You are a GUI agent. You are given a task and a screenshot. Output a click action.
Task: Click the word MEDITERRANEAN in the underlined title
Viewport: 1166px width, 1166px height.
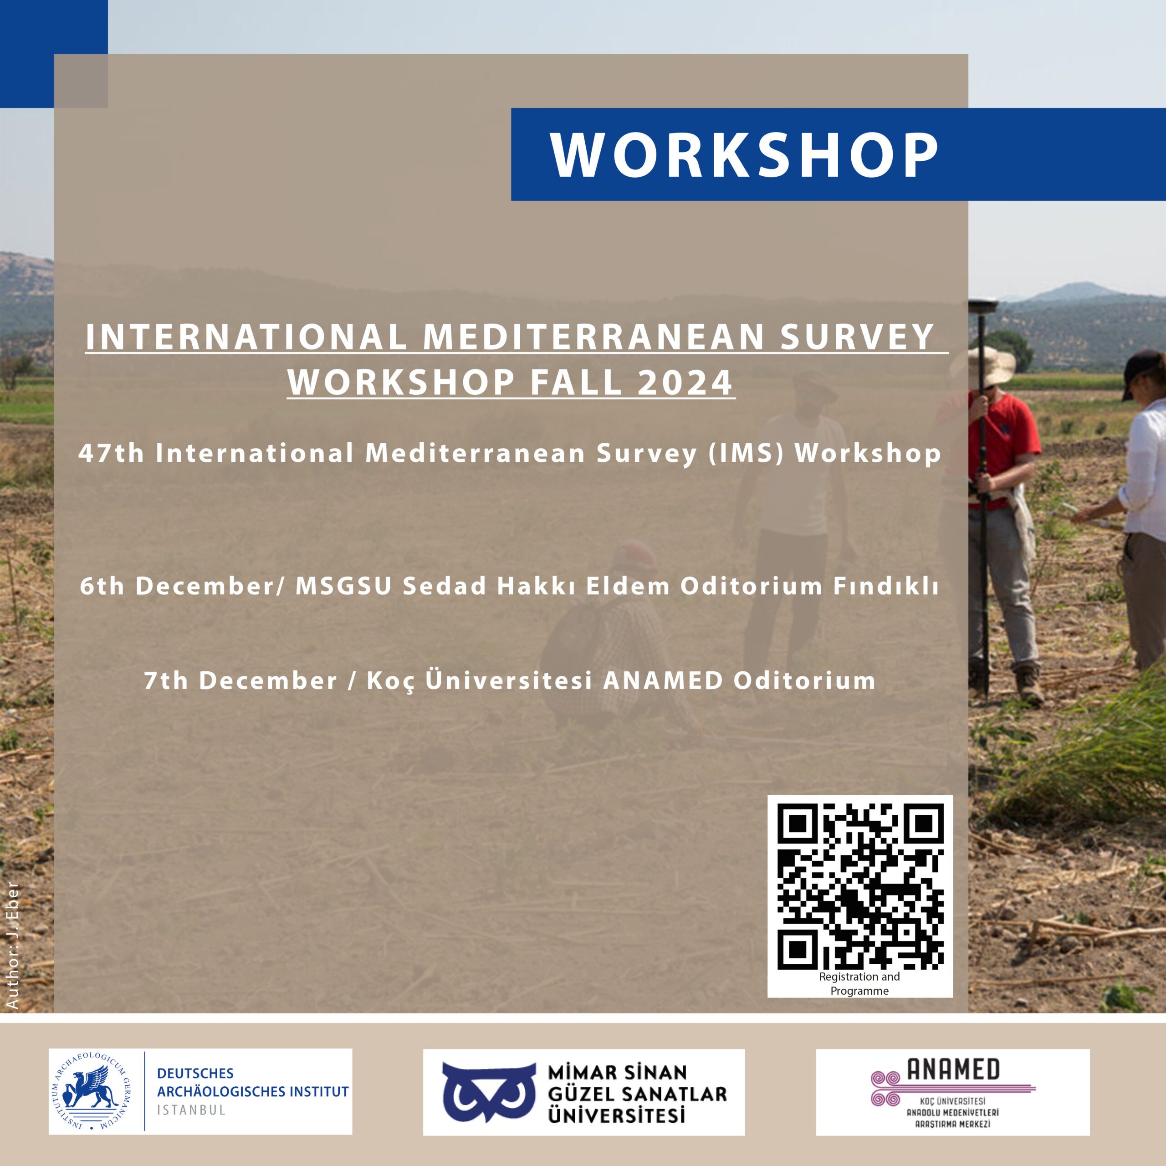594,336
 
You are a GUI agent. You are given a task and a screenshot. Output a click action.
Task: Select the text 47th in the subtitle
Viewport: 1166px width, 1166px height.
112,453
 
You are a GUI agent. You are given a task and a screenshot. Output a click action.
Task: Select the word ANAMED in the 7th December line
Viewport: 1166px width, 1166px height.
663,681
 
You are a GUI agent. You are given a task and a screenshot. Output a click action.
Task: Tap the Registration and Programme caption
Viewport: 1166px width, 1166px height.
859,984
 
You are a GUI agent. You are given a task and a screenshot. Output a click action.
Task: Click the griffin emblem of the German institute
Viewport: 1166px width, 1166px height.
91,1091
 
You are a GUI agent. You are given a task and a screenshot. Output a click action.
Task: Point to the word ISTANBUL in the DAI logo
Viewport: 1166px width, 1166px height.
191,1110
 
